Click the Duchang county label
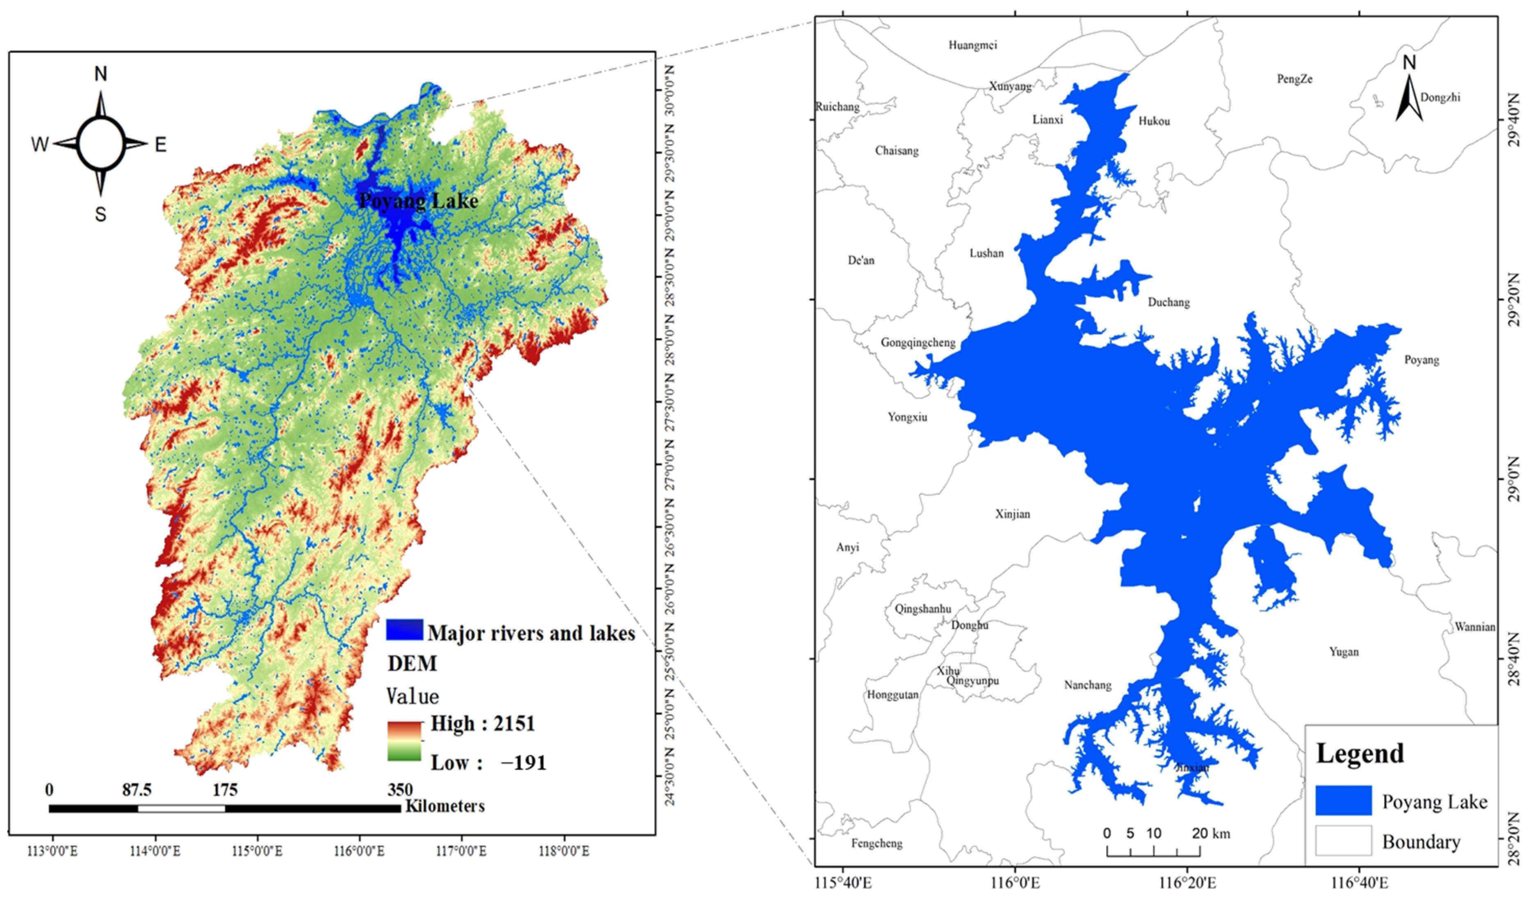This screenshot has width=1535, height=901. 1168,302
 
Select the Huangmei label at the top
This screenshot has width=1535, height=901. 973,45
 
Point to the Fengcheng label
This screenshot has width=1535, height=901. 877,843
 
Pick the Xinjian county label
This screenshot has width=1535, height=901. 1012,514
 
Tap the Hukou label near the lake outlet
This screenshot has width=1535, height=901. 1154,121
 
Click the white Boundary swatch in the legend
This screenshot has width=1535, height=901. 1343,841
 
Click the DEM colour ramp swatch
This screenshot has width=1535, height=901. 404,741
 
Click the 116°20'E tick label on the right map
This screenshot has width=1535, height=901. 1187,883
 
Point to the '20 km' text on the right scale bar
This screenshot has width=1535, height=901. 1210,833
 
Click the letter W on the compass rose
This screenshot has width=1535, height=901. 40,144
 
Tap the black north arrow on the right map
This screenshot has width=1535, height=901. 1408,98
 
